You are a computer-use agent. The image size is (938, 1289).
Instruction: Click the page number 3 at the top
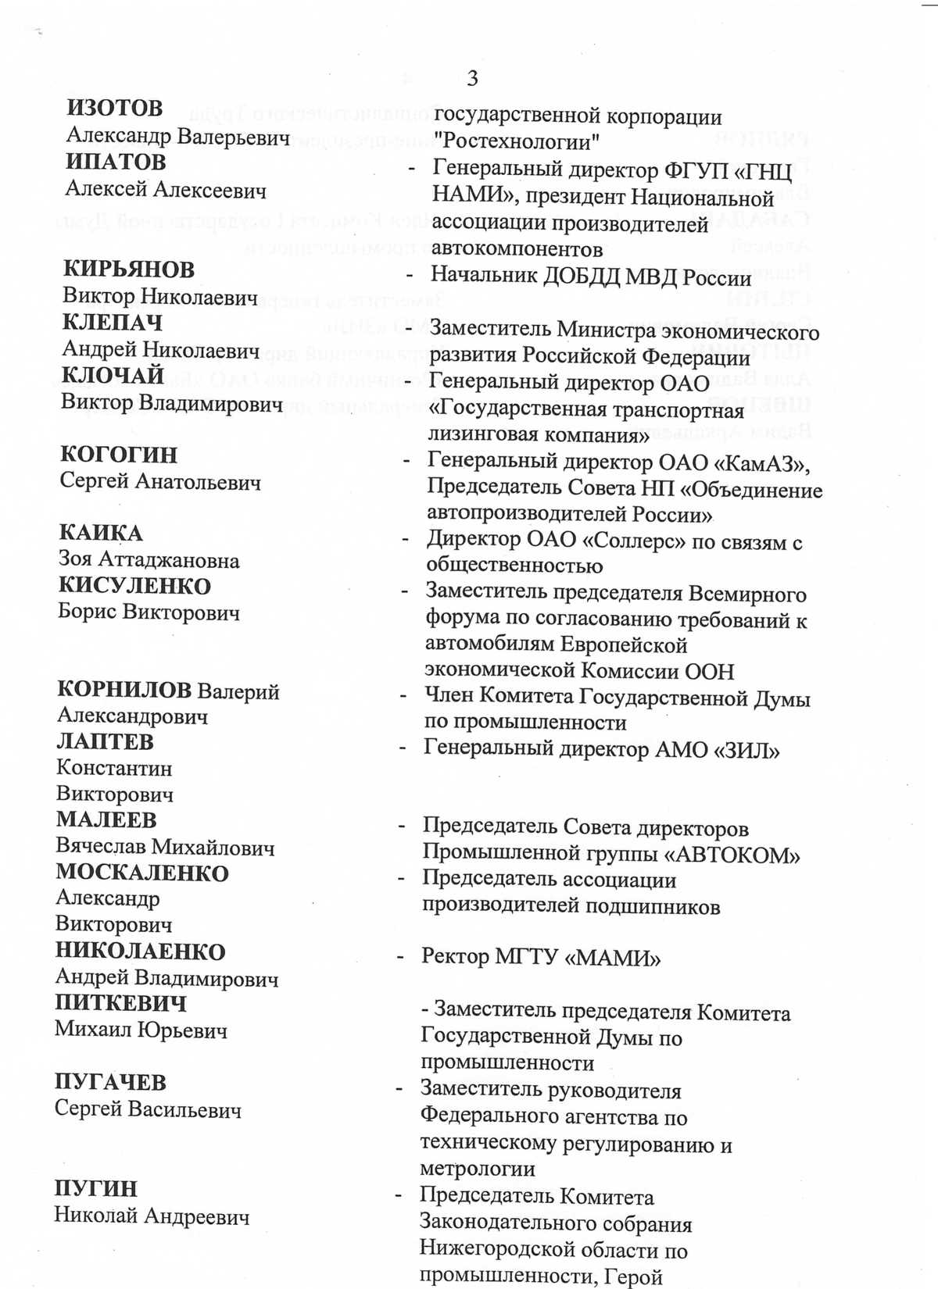tap(472, 78)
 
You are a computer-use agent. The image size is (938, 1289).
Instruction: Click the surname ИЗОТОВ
tap(115, 108)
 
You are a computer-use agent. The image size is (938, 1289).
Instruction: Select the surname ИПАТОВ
tap(116, 162)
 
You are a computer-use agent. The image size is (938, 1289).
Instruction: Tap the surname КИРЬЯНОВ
tap(129, 269)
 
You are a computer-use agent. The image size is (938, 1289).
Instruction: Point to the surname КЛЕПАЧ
tap(113, 322)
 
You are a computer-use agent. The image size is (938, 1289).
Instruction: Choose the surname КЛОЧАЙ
tap(113, 375)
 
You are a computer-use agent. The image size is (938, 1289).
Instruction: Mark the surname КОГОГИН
tap(119, 454)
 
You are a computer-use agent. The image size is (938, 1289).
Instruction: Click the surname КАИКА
tap(101, 533)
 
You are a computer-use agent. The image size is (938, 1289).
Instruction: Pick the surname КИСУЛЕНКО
tap(134, 586)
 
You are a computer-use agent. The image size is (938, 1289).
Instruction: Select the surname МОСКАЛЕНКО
tap(142, 873)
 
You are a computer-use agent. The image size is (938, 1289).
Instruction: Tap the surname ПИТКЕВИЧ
tap(120, 1003)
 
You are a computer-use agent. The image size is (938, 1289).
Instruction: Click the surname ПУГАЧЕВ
tap(110, 1082)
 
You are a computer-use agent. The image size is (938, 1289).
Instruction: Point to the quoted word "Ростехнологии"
tap(516, 142)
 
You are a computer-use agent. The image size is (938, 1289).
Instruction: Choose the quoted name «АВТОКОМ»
tap(732, 855)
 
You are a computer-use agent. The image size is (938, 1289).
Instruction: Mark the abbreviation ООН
tap(709, 671)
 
